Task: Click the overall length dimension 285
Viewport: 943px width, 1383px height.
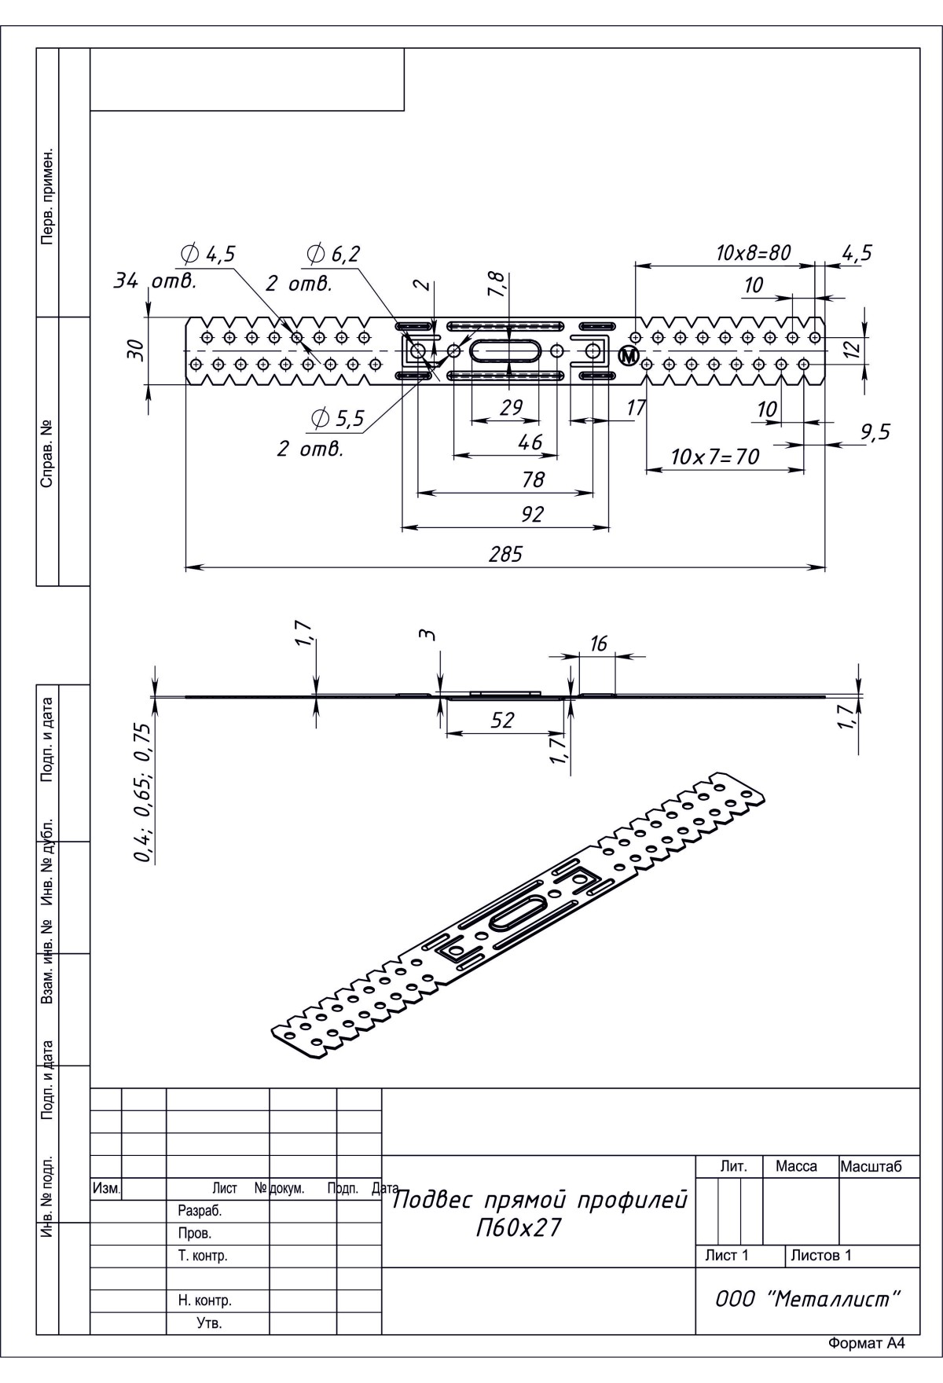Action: (x=505, y=554)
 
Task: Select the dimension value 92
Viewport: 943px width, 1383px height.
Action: (x=532, y=514)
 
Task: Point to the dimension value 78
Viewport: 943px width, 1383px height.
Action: (x=532, y=479)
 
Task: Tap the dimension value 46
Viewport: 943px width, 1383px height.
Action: (x=530, y=442)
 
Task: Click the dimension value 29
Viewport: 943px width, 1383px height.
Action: (x=511, y=407)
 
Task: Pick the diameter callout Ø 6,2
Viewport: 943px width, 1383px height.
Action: (x=333, y=254)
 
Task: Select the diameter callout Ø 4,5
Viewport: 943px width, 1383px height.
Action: (x=208, y=254)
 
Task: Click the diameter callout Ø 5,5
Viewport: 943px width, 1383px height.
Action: (x=338, y=419)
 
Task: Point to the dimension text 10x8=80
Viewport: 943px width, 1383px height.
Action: (x=753, y=253)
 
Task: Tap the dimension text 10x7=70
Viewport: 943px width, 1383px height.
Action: (x=715, y=457)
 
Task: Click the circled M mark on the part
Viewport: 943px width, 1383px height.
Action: (x=629, y=356)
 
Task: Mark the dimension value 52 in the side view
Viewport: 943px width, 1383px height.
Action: (x=502, y=720)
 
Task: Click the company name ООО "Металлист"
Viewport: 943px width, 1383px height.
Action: (x=806, y=1299)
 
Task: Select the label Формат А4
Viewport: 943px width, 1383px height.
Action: (x=867, y=1366)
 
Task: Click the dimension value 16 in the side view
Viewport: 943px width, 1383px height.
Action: (x=598, y=644)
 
